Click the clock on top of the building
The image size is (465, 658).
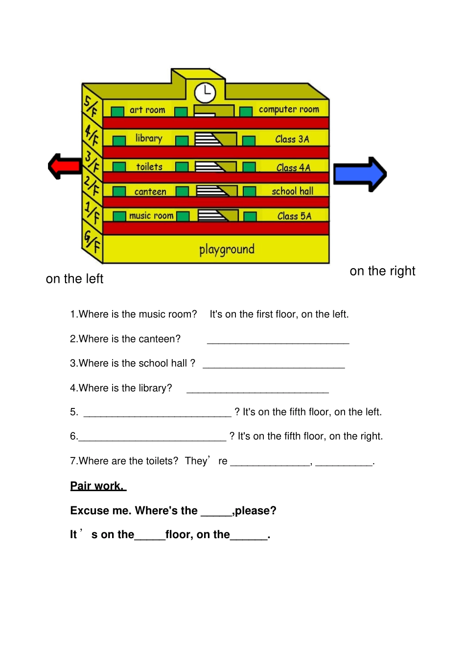tap(205, 92)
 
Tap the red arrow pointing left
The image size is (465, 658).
tap(65, 166)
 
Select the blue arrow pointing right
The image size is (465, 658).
tap(360, 174)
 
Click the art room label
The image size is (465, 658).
tap(147, 110)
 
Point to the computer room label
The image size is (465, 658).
tap(289, 110)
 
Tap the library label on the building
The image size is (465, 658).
tap(149, 138)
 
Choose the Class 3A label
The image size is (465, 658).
tap(292, 139)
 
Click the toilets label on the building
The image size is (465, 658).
tap(149, 167)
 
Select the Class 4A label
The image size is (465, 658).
tap(293, 168)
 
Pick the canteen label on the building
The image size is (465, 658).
tap(150, 192)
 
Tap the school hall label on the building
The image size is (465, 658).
tap(293, 191)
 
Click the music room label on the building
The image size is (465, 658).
tap(151, 216)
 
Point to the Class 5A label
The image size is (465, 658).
tap(294, 216)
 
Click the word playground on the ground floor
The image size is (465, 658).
tap(227, 250)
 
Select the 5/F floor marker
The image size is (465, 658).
tap(91, 106)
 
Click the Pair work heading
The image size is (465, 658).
tap(98, 486)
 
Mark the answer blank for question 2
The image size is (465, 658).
tap(278, 339)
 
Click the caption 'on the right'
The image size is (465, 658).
tap(382, 271)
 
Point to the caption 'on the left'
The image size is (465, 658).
tap(74, 279)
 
